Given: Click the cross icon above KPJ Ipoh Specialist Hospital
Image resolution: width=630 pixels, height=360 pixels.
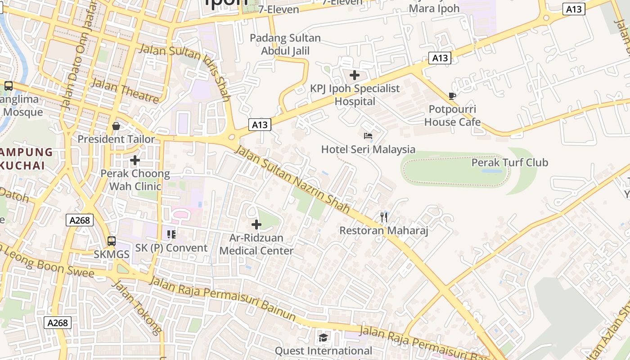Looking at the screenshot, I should pos(355,75).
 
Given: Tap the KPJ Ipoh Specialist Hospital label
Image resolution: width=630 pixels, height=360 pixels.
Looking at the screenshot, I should pos(355,95).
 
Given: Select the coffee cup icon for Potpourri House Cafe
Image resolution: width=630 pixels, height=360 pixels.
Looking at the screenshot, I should pos(452,96).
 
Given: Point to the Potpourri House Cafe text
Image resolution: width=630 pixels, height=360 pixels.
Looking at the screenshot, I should pos(452,116).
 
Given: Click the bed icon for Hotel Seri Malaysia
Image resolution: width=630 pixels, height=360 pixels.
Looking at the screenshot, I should pos(368,135).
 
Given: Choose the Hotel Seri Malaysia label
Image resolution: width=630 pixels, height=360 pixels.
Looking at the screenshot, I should pos(368,149).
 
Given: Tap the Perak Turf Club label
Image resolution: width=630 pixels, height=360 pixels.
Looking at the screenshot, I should pos(509,162).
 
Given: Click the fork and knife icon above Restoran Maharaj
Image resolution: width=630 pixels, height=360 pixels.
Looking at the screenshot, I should pos(383,217).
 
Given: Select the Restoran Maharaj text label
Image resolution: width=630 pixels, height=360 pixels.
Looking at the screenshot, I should pos(383,231).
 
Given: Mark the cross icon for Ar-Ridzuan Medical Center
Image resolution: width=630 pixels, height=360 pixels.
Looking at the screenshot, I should pos(256,224).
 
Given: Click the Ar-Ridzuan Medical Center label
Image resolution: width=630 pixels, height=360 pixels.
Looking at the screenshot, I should pos(256,244).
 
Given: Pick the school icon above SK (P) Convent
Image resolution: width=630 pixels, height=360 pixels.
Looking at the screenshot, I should pos(171,234).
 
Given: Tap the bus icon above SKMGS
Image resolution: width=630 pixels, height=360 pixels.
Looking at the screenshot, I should pos(112,241).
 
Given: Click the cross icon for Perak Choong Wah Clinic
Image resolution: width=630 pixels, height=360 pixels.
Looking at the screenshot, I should pos(135,160).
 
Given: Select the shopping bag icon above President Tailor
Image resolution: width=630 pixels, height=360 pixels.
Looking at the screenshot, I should pos(116,126).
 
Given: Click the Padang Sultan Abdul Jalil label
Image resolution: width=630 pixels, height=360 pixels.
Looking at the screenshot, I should pos(285,45).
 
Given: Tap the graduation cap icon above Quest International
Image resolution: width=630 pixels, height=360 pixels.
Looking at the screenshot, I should pos(323,337).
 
